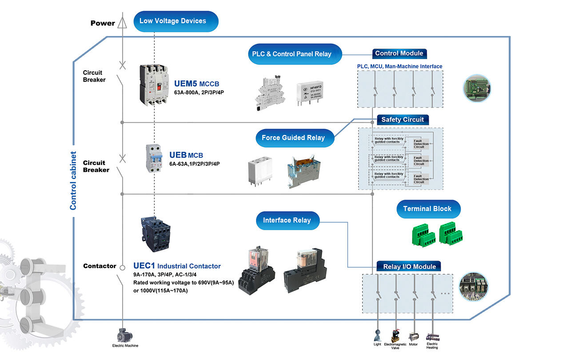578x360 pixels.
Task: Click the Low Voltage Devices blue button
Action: click(172, 21)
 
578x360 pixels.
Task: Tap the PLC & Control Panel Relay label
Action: click(295, 54)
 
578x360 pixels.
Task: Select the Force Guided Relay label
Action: click(293, 138)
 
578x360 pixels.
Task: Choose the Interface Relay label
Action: click(287, 220)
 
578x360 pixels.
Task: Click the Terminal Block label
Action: click(427, 208)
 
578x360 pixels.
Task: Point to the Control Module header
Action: click(399, 53)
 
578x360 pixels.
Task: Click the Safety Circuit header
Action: click(403, 120)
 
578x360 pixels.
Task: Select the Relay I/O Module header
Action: click(409, 267)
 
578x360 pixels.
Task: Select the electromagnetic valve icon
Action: click(395, 335)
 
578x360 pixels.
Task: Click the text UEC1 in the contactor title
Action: click(144, 266)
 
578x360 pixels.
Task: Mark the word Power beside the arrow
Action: click(103, 23)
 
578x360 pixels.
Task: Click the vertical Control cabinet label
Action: click(73, 180)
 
